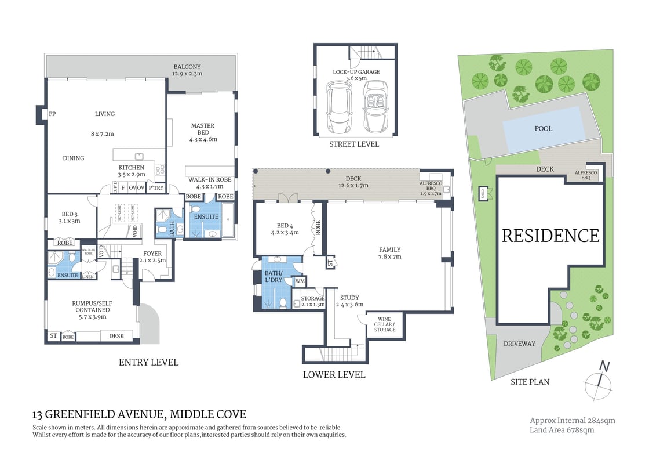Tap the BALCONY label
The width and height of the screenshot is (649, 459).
pos(187,67)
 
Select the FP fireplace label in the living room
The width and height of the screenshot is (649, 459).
pos(52,114)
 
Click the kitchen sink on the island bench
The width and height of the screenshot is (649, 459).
pos(139,156)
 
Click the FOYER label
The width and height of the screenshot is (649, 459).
pos(153,254)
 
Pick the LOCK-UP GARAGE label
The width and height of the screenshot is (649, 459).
pos(356,72)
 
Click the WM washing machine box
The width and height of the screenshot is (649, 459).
pos(300,281)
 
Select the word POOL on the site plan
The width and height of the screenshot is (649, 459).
pos(543,128)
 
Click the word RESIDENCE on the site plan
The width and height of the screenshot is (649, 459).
pos(550,236)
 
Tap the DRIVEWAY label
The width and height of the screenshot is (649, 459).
pos(519,344)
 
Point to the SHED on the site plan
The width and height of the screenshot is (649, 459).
pos(483,194)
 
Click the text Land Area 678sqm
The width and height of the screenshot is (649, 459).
pos(562,430)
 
